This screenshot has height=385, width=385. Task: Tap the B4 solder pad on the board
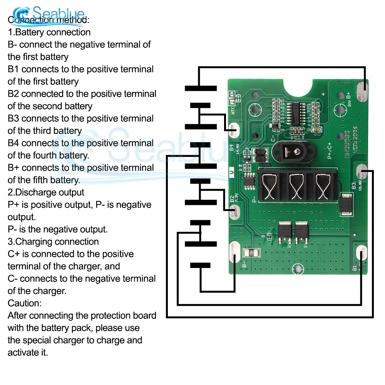234,130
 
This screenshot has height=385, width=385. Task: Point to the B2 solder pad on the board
234,212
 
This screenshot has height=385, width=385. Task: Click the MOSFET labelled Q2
284,233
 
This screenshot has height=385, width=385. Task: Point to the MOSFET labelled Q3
301,233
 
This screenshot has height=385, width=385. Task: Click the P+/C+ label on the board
330,151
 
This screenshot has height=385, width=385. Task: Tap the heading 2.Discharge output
46,192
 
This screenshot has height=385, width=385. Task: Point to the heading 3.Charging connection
53,242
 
